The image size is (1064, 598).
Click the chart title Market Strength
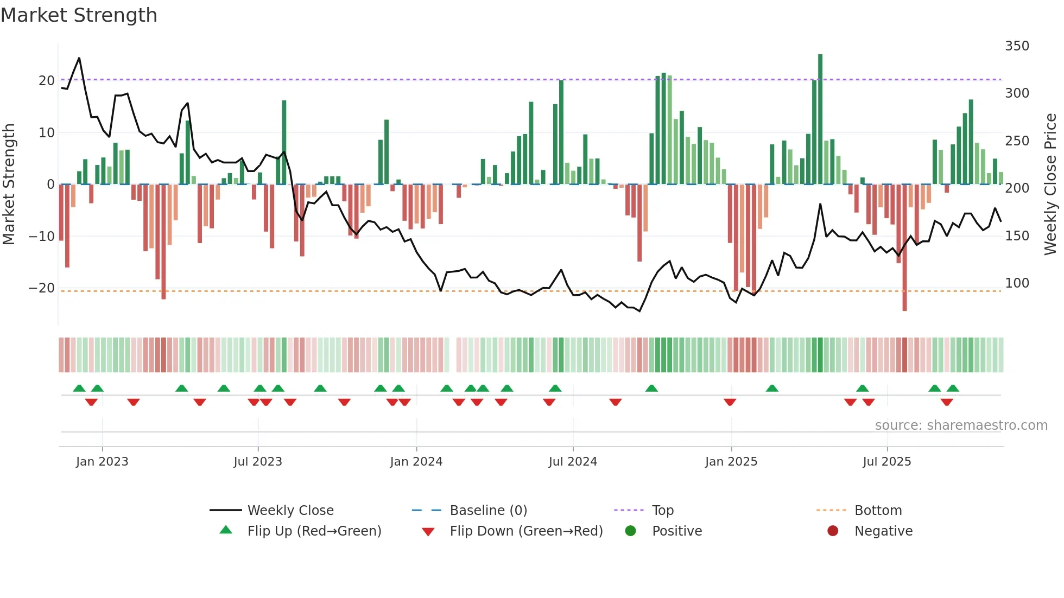(79, 15)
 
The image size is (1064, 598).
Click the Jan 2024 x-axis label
(416, 462)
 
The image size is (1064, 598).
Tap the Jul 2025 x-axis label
(886, 462)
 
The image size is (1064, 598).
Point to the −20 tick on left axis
(42, 288)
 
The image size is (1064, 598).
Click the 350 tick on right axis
(1017, 46)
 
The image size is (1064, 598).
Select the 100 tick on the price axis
(1017, 283)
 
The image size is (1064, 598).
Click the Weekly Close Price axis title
(1050, 185)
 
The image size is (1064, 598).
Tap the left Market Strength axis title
(9, 185)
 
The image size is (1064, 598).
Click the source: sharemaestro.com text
(961, 425)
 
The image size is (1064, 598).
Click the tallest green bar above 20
(820, 119)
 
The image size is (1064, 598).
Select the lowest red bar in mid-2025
(904, 250)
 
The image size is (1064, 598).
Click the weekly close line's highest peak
(79, 58)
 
